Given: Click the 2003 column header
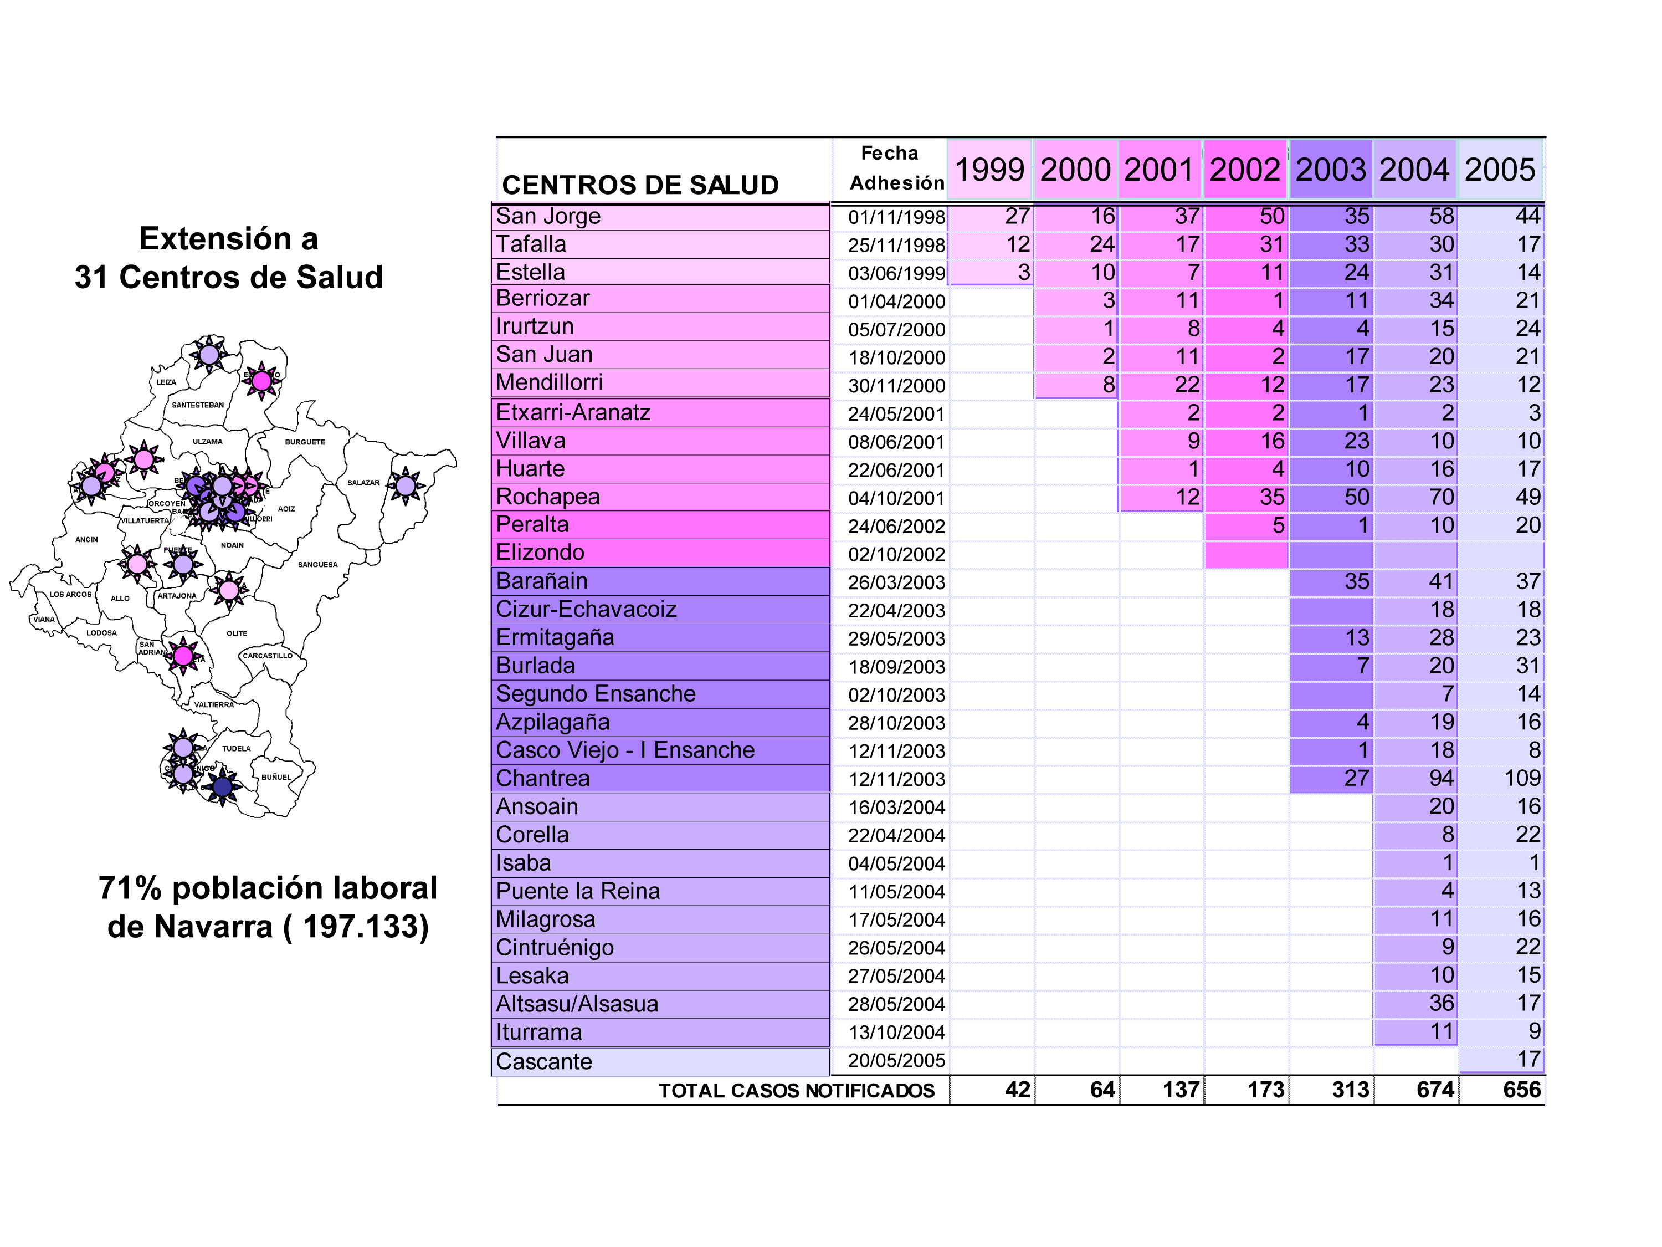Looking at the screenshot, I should pyautogui.click(x=1330, y=170).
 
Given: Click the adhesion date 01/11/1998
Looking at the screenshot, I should pyautogui.click(x=896, y=217).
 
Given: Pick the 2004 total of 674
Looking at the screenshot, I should pyautogui.click(x=1435, y=1090).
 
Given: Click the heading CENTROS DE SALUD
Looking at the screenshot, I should pyautogui.click(x=640, y=185).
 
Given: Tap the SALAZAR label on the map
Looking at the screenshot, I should pyautogui.click(x=363, y=483).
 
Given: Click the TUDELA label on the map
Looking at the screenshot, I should pyautogui.click(x=236, y=749).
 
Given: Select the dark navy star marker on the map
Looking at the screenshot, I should pyautogui.click(x=222, y=786).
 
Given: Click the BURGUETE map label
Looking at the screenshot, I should pyautogui.click(x=304, y=442).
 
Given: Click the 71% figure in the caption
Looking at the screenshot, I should pyautogui.click(x=129, y=888).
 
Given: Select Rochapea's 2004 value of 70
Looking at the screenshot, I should pyautogui.click(x=1441, y=497).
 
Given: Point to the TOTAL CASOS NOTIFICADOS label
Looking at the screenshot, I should pyautogui.click(x=797, y=1091).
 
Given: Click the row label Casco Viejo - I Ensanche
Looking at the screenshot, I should pyautogui.click(x=625, y=750).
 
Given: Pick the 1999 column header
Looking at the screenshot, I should pyautogui.click(x=989, y=170).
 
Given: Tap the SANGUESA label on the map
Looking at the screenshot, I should pyautogui.click(x=317, y=565).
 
